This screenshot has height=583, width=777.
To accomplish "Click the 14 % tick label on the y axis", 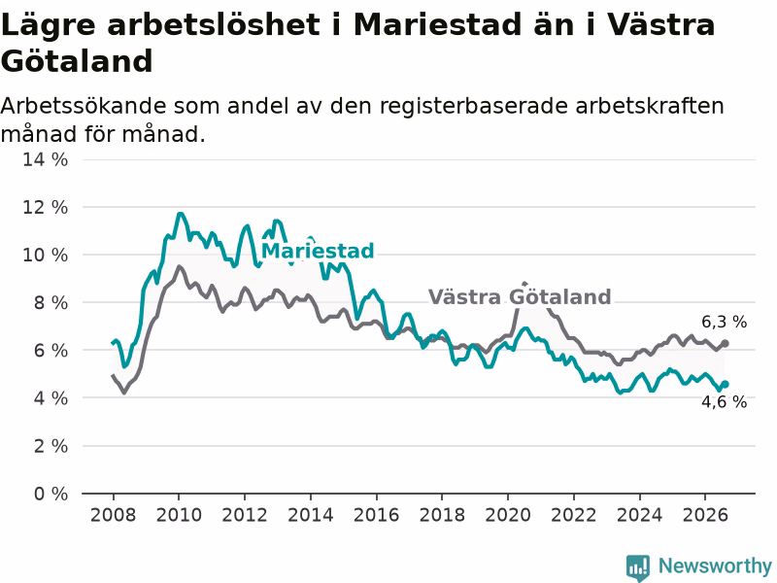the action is [x=45, y=159].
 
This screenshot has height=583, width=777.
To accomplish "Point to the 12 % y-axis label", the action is [x=45, y=207].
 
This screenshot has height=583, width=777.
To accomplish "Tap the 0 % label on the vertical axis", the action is [x=51, y=494].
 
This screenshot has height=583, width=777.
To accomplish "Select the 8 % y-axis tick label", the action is [x=51, y=302].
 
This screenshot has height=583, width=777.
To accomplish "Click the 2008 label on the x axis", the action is [x=113, y=515].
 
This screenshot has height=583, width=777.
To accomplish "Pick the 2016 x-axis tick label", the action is [x=376, y=515].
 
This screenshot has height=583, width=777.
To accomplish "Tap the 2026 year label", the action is [x=705, y=515].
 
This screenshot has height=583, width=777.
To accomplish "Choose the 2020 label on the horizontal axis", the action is [x=508, y=515].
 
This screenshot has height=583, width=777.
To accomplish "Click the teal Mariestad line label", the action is [x=318, y=251].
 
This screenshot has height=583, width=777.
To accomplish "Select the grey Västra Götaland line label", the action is [x=520, y=296].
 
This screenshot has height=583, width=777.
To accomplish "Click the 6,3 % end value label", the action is [x=724, y=322].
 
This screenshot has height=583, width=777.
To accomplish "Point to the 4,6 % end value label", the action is [x=724, y=401].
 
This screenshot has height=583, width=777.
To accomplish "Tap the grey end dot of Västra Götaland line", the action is [x=725, y=343].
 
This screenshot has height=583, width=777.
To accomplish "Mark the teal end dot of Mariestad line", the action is [x=725, y=384].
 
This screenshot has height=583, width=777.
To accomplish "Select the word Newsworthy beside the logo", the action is [x=715, y=566].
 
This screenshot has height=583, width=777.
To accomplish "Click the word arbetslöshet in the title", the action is [x=214, y=24].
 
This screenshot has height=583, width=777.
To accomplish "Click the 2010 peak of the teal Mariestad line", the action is [x=180, y=214].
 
